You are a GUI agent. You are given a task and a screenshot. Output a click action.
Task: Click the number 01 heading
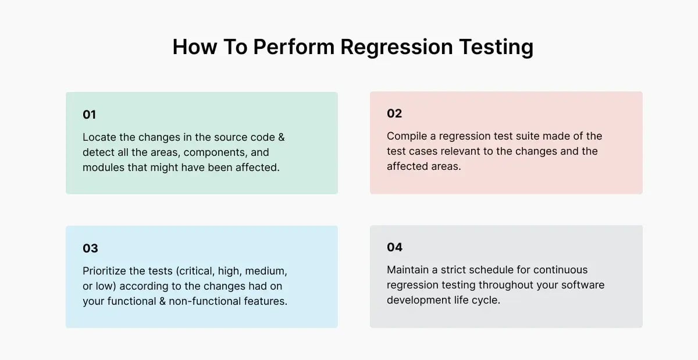coord(89,115)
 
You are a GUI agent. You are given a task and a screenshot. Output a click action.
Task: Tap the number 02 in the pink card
coord(394,113)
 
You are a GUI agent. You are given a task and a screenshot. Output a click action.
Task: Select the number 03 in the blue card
coord(90,248)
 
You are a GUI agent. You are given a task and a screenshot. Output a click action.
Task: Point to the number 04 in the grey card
coord(394,247)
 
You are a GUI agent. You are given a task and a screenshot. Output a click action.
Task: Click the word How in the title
coord(194,47)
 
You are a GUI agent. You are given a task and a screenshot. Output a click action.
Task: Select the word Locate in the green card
coord(100,137)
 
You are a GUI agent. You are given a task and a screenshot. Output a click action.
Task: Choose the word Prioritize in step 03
coord(107,271)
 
